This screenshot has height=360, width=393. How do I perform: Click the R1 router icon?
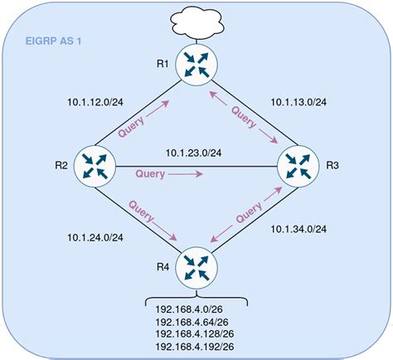pyautogui.click(x=196, y=66)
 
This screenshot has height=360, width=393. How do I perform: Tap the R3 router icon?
pyautogui.click(x=298, y=165)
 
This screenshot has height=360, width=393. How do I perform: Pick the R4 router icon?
pyautogui.click(x=196, y=265)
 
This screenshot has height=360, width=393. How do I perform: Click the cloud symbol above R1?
pyautogui.click(x=196, y=21)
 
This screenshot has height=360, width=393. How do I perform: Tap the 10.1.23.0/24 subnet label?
pyautogui.click(x=196, y=152)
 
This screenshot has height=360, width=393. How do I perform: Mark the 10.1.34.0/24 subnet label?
pyautogui.click(x=299, y=228)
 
